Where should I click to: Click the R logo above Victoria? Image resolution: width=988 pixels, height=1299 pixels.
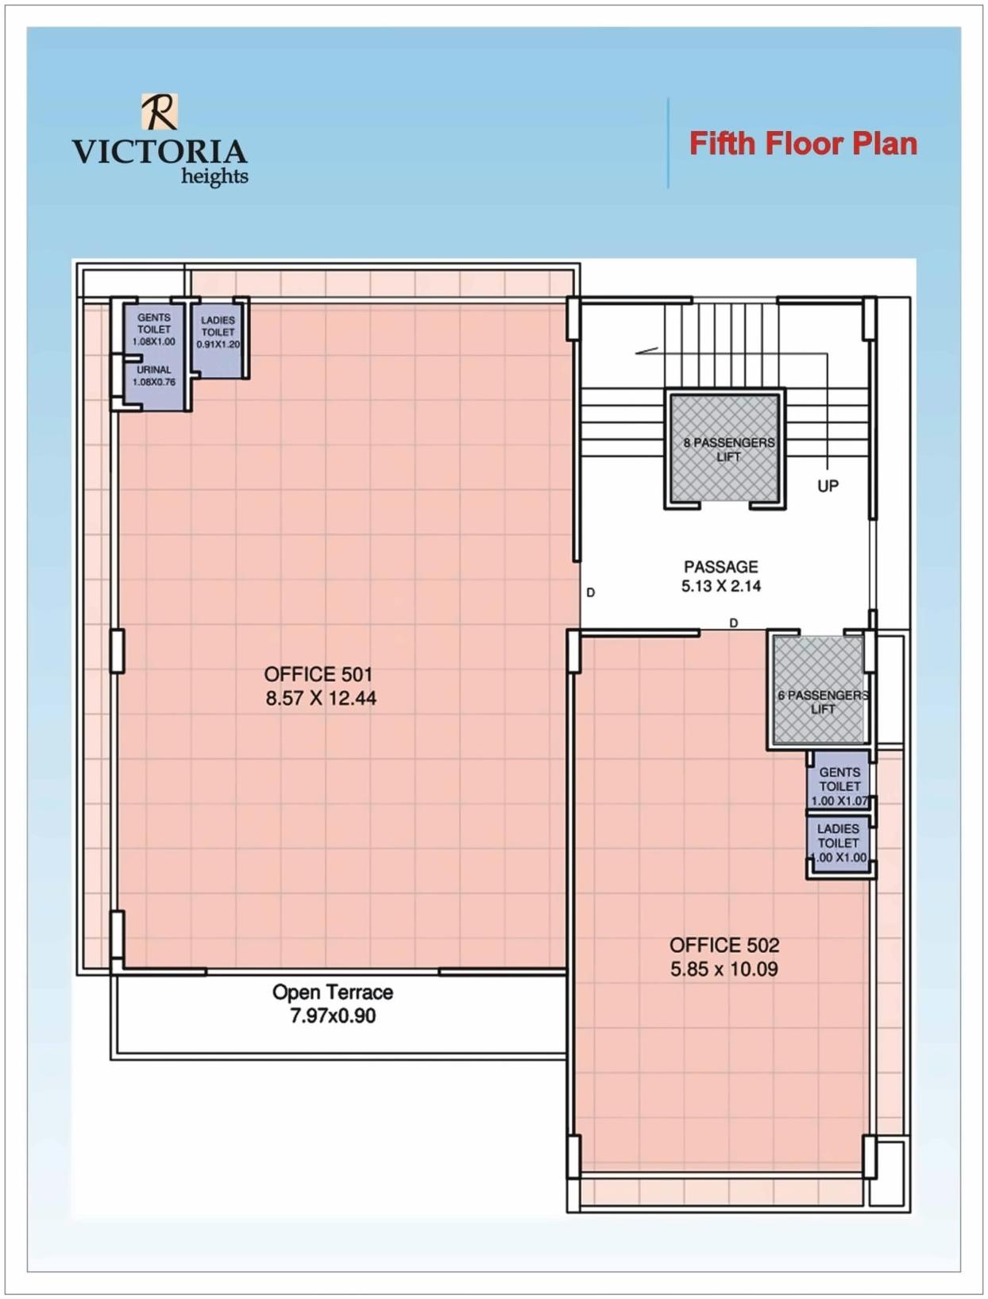tap(160, 111)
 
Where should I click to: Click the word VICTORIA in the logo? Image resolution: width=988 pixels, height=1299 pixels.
tap(160, 152)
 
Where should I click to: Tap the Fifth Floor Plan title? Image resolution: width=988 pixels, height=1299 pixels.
tap(803, 144)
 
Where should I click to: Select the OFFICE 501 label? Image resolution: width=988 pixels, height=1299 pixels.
tap(318, 674)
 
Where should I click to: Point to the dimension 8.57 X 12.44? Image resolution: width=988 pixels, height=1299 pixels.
tap(321, 699)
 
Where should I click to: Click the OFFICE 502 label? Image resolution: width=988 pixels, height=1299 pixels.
tap(724, 945)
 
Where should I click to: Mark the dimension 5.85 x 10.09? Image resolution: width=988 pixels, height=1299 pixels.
tap(724, 969)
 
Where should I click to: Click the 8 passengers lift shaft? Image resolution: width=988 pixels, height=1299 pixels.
tap(724, 449)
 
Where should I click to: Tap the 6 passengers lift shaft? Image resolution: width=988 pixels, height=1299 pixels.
tap(819, 688)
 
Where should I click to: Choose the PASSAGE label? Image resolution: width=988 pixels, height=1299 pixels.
tap(721, 567)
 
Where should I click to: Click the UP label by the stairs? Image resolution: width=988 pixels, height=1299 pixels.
tap(828, 485)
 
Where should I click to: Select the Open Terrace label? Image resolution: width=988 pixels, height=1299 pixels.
tap(333, 992)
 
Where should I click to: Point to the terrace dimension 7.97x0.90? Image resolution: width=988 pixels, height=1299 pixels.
tap(333, 1016)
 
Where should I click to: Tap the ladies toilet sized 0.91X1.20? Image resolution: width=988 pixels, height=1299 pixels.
tap(218, 337)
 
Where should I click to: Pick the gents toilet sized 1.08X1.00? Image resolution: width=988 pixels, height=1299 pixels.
tap(154, 327)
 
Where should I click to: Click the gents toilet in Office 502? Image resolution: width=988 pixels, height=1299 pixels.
tap(839, 785)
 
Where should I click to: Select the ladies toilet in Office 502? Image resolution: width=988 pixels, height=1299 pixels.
tap(839, 843)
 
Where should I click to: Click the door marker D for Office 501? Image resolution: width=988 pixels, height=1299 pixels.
tap(590, 592)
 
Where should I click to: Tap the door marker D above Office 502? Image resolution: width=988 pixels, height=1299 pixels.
tap(733, 623)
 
